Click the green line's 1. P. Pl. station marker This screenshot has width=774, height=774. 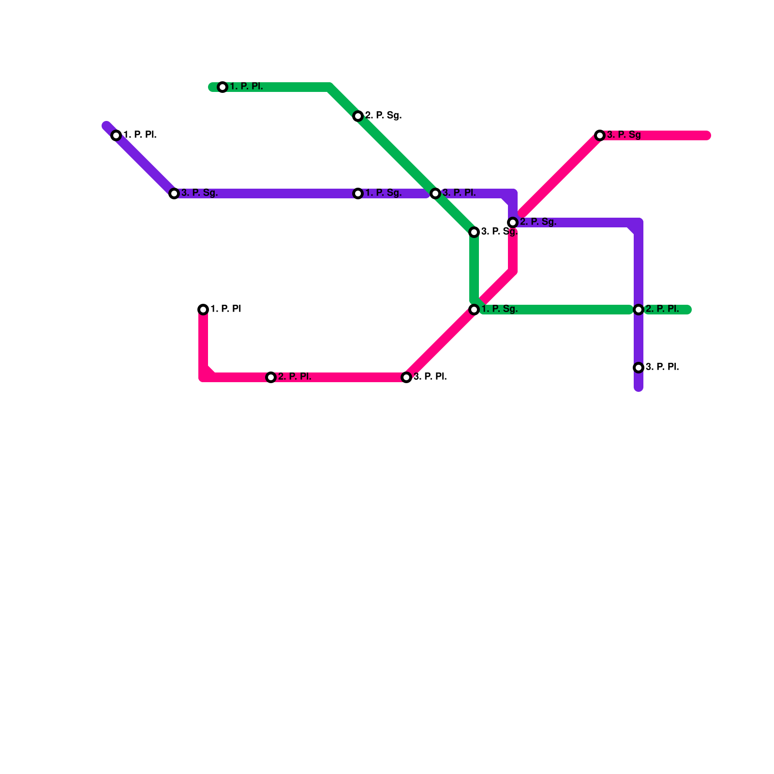coord(223,87)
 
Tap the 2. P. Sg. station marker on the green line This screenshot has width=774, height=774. coord(358,116)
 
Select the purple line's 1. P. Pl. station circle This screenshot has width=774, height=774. coord(116,135)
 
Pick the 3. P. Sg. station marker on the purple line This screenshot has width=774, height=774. coord(174,193)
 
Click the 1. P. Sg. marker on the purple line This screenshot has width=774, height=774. coord(358,193)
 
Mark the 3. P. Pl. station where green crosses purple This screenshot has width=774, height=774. coord(435,193)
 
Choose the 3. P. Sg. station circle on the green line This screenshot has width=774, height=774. coord(474,232)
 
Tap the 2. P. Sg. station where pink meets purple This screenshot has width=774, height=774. coord(513,223)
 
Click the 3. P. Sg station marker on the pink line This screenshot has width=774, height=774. coord(600,135)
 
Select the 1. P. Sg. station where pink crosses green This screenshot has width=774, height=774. coord(474,310)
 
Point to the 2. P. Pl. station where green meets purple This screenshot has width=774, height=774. coord(639,310)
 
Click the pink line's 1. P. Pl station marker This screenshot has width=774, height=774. coord(203,310)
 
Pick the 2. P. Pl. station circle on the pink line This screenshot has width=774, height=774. coord(271,377)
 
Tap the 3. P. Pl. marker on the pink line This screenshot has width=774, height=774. coord(406,377)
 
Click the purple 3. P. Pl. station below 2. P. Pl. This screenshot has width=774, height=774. coord(639,368)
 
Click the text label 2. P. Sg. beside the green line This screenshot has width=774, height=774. coord(383,116)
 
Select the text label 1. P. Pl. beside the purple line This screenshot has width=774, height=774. coord(140,135)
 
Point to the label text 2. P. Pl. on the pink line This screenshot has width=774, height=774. coord(295,377)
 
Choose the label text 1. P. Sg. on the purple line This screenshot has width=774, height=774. coord(383,193)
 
